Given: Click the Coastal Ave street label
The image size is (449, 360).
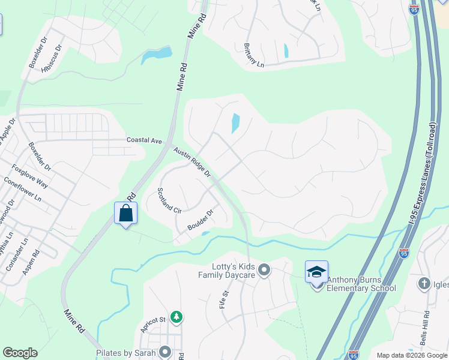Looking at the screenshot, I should (144, 140).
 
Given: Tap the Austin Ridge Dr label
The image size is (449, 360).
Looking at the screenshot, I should (192, 163).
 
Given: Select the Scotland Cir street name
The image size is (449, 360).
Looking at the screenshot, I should (169, 200).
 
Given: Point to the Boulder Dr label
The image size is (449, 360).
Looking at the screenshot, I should (200, 220).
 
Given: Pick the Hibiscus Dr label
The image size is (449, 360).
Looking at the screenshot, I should (52, 59).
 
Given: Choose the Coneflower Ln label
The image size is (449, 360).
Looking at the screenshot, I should (23, 188).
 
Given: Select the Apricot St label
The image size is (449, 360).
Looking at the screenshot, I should (152, 325).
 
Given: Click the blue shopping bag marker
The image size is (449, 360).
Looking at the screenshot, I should (126, 213).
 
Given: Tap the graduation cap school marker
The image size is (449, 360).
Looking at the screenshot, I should (316, 272).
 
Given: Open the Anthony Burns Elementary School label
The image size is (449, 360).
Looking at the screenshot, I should (361, 284).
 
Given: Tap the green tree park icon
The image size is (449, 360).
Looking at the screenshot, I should (176, 316).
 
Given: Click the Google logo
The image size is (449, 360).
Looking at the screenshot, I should (20, 353).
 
